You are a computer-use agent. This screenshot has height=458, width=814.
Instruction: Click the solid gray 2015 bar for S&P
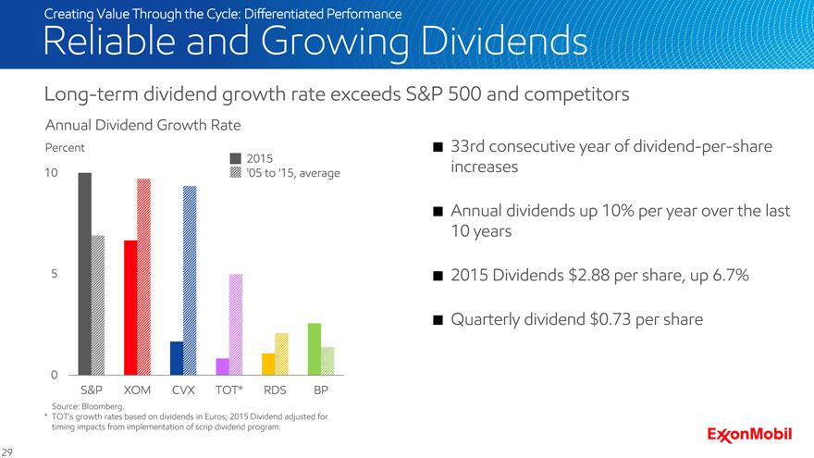pos(84,273)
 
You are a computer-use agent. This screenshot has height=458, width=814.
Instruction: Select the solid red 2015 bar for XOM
pos(130,307)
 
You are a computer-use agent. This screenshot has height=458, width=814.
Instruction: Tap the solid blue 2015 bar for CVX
pos(177,357)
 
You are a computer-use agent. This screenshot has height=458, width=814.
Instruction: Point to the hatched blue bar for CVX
pos(190,279)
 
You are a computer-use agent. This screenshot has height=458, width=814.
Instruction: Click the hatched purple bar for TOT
pos(235,324)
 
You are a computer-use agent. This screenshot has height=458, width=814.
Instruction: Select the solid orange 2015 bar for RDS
pos(268,364)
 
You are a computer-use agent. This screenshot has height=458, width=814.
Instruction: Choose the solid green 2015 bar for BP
pos(314,349)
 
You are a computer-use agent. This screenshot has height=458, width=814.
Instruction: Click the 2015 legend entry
pos(250,156)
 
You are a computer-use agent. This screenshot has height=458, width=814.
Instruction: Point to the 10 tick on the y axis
pos(52,173)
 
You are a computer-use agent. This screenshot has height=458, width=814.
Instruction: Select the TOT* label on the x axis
pos(228,390)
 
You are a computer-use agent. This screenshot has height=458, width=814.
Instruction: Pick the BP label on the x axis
pos(320,390)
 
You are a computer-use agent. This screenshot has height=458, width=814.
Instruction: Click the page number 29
pos(8,451)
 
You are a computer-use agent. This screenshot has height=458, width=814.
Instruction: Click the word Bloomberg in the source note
pos(103,406)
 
